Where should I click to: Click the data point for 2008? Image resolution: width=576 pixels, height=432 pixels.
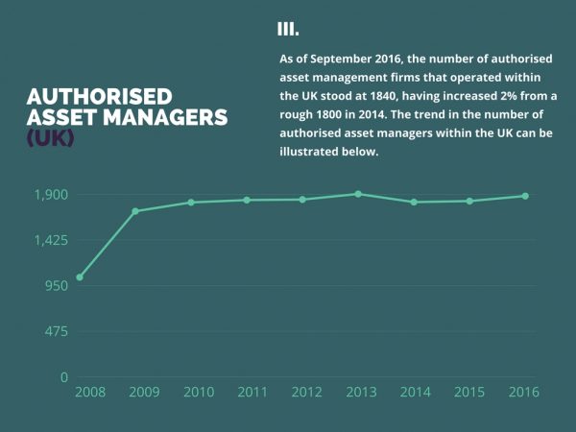pos(80,277)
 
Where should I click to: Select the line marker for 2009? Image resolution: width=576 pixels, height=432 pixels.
pos(135,211)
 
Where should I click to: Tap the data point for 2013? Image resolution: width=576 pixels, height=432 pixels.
pos(358,194)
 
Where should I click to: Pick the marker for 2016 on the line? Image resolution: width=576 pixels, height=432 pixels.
pos(525,196)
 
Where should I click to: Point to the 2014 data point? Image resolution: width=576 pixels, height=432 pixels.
pos(414,202)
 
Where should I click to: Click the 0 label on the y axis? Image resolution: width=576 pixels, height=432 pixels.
pos(63,377)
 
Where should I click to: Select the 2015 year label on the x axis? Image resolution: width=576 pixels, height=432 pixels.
pos(469,392)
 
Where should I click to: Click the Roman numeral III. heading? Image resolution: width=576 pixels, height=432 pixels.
pos(287,29)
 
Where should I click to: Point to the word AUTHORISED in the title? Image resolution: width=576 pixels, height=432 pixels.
pos(99,97)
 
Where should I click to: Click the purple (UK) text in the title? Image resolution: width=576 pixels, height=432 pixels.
pos(50,137)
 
